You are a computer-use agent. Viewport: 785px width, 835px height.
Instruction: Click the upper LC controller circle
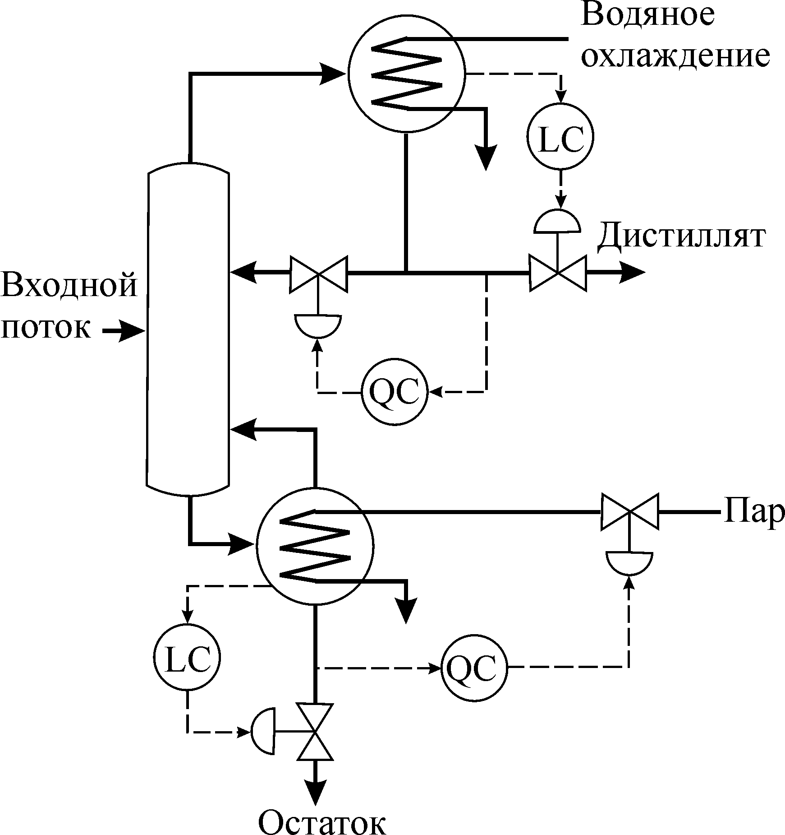[x=560, y=137]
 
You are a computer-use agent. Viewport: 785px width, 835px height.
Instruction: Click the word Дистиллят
[x=681, y=237]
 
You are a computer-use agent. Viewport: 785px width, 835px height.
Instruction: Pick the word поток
[x=46, y=328]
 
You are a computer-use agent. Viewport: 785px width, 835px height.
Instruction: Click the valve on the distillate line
[x=558, y=273]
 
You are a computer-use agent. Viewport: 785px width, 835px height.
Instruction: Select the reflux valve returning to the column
[x=319, y=274]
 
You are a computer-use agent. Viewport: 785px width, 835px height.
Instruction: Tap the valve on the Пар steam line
[x=630, y=511]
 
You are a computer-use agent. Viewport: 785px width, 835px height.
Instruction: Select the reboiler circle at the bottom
[x=315, y=547]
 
